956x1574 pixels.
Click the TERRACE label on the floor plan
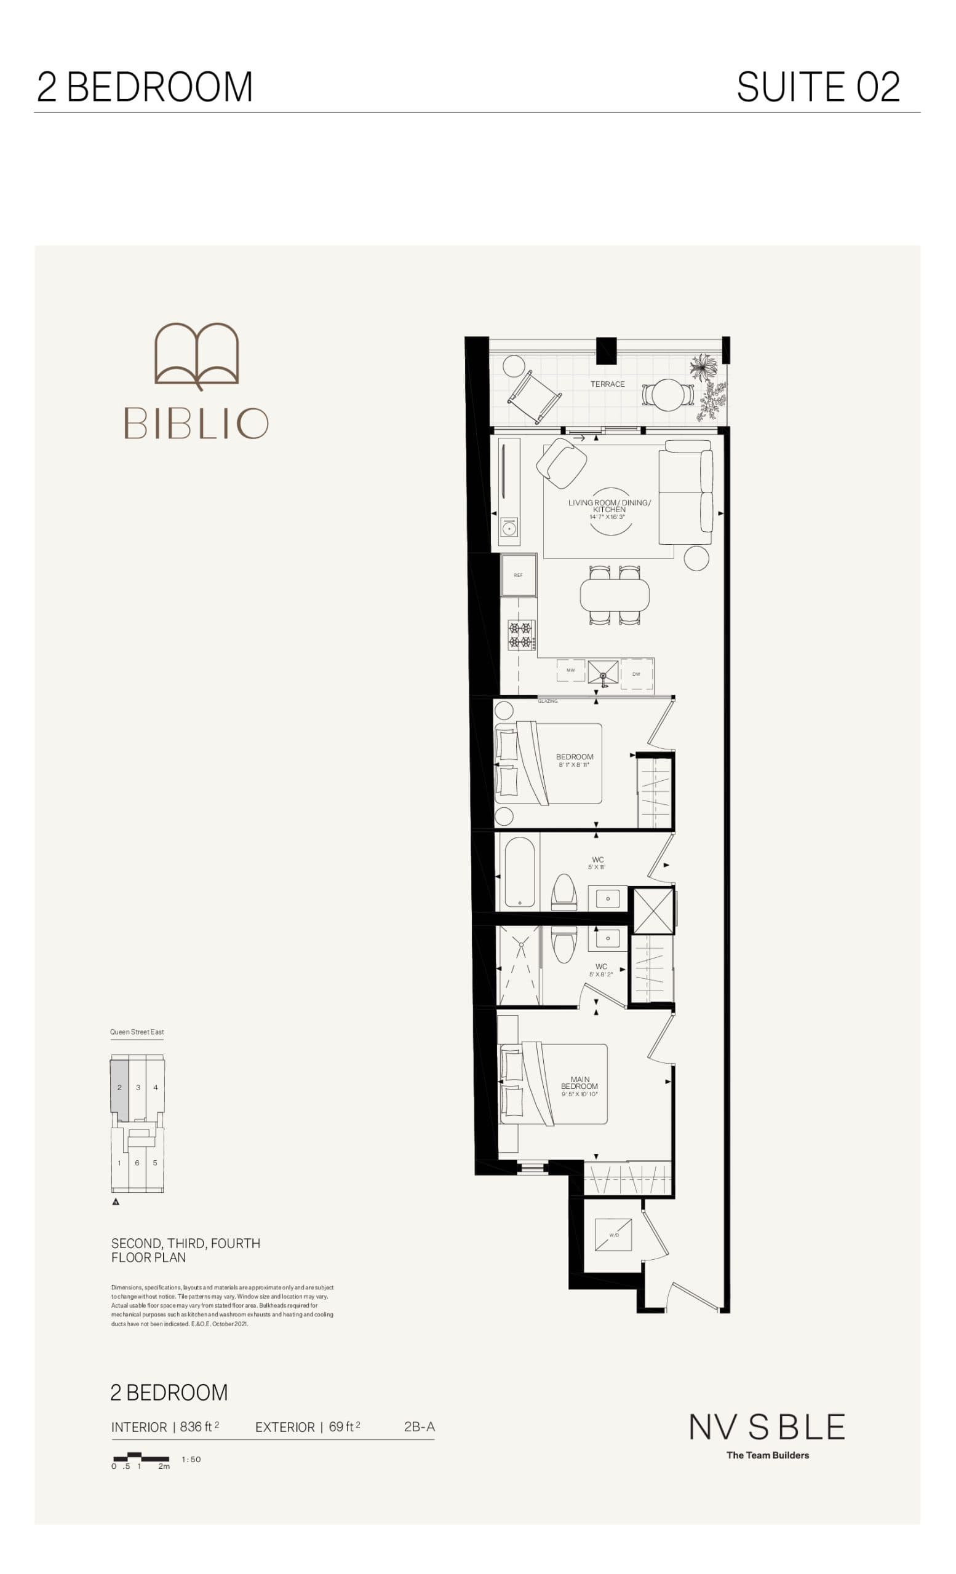coord(607,384)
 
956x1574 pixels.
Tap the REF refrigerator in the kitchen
coord(518,575)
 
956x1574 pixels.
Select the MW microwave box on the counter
coord(571,670)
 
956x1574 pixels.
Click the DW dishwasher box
coord(637,674)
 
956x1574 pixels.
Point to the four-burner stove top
coord(520,635)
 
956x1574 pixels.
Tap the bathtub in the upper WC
coord(520,872)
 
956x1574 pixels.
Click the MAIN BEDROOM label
coord(580,1083)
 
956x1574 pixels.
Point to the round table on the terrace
coord(668,395)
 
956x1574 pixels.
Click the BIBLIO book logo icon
coord(197,355)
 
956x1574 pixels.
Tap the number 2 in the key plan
coord(119,1087)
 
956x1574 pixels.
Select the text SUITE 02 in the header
coord(818,87)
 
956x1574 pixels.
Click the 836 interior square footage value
coord(191,1426)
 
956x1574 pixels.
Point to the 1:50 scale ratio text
coord(191,1459)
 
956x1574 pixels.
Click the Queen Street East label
coord(137,1032)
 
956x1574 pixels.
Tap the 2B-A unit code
coord(419,1426)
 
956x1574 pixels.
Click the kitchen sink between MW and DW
coord(603,673)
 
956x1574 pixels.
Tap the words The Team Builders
coord(768,1455)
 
